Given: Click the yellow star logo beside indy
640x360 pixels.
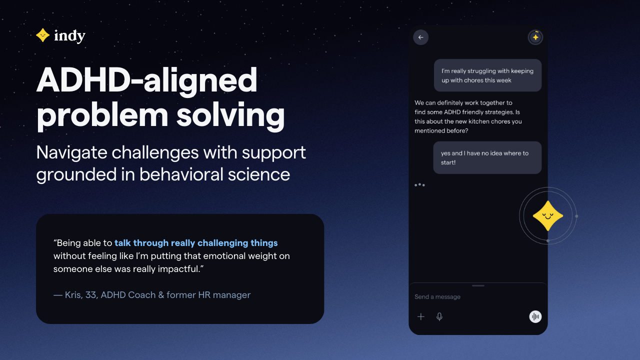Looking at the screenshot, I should pos(42,35).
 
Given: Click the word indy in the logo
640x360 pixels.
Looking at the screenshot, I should pos(69,36).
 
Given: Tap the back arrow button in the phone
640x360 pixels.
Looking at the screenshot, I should pos(420,37).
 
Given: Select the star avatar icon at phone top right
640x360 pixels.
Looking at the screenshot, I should pos(535,37).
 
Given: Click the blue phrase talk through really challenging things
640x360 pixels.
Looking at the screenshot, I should pos(196,243).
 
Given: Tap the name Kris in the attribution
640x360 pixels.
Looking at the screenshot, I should pos(73,295).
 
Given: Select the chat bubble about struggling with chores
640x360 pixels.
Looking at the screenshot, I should pos(487,75).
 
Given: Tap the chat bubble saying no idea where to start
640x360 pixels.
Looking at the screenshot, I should pos(487,157).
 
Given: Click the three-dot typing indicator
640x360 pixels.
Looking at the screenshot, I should pos(419,185).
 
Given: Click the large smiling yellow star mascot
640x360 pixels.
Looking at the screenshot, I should pos(547,216).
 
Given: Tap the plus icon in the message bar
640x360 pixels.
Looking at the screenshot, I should pos(421,316).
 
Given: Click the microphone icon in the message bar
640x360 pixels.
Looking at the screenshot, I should pos(439,316).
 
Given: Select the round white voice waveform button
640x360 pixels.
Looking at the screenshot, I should pos(535,316).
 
